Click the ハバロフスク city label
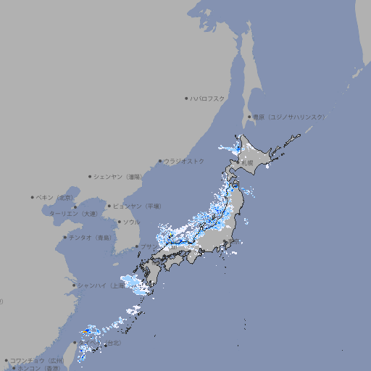(x=209, y=98)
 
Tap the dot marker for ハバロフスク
(x=186, y=98)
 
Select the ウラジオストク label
(x=185, y=161)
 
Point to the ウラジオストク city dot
(x=160, y=161)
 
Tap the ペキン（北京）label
(x=56, y=197)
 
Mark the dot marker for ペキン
(x=33, y=197)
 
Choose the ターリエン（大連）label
(x=73, y=214)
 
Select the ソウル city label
(x=131, y=222)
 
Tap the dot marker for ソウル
(x=118, y=222)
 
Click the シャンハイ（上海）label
(x=101, y=285)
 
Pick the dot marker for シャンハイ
(x=74, y=285)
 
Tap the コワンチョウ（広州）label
(x=37, y=360)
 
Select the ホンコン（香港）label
(x=40, y=368)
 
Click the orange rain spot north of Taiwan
(x=86, y=331)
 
